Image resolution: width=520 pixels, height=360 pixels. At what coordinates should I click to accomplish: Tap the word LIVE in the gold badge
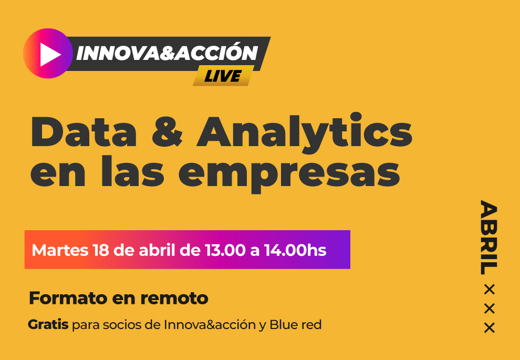point(222,77)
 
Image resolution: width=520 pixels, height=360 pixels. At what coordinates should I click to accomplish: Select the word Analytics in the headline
point(304,135)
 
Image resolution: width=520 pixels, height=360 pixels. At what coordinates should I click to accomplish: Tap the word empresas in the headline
point(289,175)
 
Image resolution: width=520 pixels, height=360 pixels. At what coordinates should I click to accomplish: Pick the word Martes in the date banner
point(60,250)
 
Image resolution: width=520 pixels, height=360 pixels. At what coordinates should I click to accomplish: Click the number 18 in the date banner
point(101,250)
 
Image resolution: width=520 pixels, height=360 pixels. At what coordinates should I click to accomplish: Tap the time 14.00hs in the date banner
point(295,250)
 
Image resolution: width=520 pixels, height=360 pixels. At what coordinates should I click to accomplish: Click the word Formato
point(68,298)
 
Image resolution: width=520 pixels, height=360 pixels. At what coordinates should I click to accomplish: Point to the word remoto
point(174,299)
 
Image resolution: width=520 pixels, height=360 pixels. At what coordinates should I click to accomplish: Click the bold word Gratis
point(48,324)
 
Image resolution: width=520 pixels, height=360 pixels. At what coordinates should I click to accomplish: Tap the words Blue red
point(296,324)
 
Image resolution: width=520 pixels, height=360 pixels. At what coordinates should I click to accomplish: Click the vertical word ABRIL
point(489,237)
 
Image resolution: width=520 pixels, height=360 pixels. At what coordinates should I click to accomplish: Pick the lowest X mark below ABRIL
point(489,328)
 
